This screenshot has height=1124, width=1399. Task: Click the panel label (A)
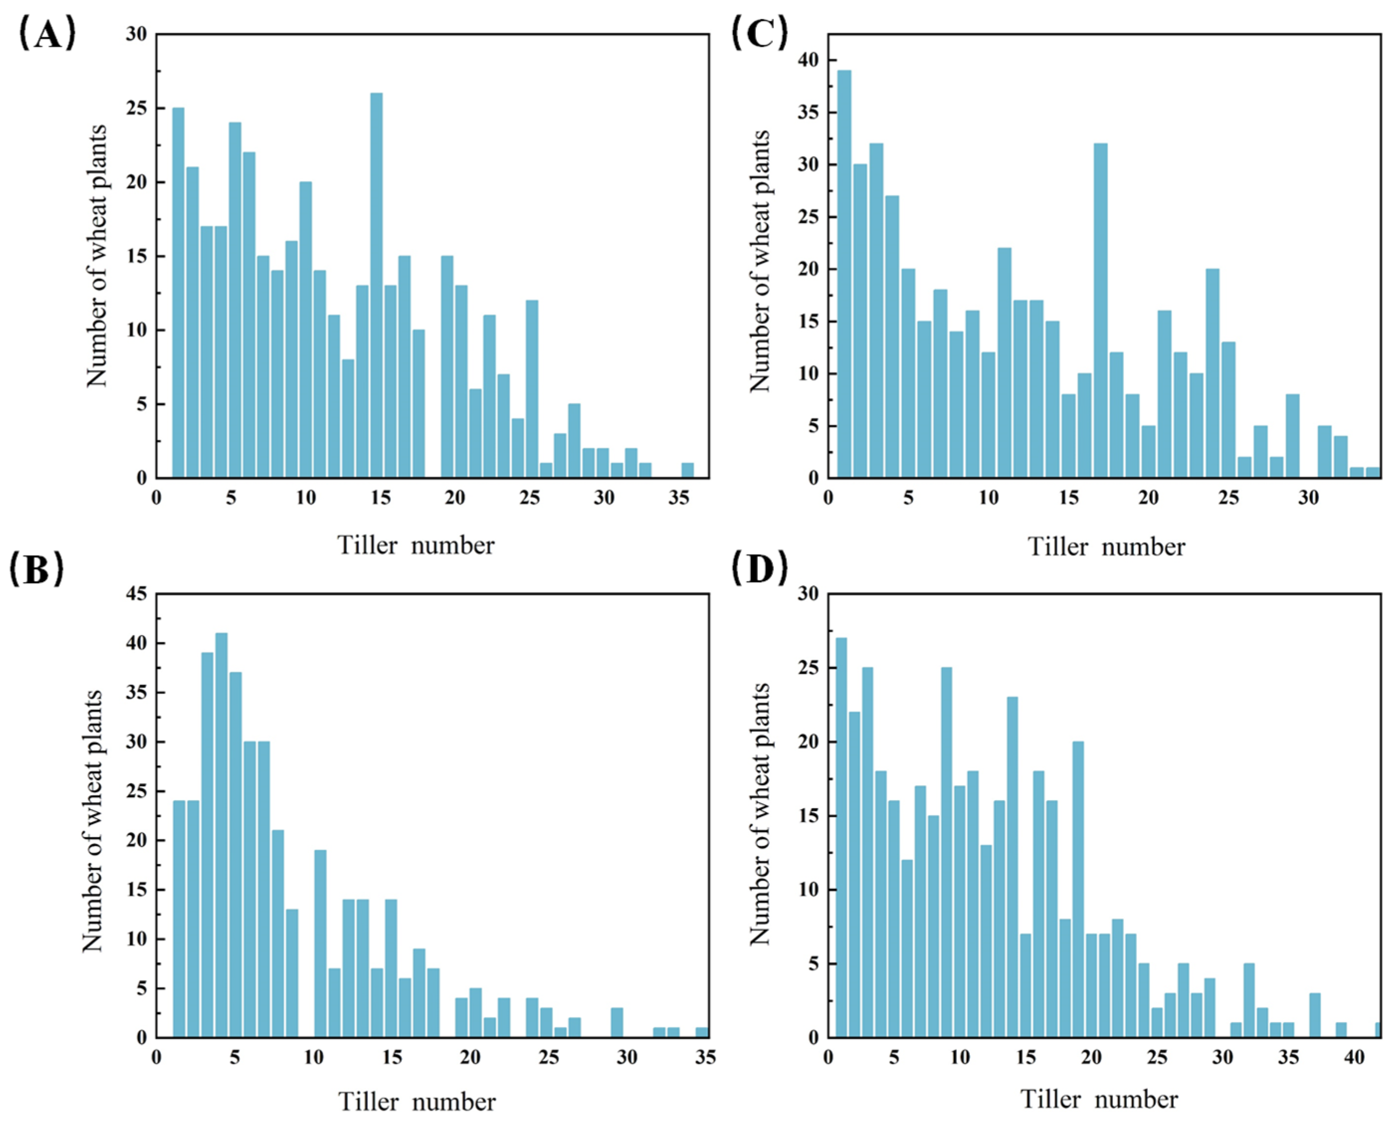click(x=47, y=34)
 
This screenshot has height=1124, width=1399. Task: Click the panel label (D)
click(x=759, y=568)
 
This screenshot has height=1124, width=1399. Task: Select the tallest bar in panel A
click(x=376, y=285)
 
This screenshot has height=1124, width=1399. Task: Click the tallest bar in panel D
click(x=841, y=837)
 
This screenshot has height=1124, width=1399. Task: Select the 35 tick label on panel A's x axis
click(x=679, y=498)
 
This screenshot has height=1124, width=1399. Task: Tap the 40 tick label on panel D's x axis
click(x=1354, y=1058)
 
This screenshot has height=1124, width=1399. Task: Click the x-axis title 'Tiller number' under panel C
click(x=1107, y=547)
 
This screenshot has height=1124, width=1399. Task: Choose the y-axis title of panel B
click(x=93, y=821)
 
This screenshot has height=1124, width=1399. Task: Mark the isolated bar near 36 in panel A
click(x=688, y=470)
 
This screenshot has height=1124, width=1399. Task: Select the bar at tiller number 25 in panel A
click(x=532, y=389)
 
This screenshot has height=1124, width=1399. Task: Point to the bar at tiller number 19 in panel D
click(x=1078, y=889)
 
